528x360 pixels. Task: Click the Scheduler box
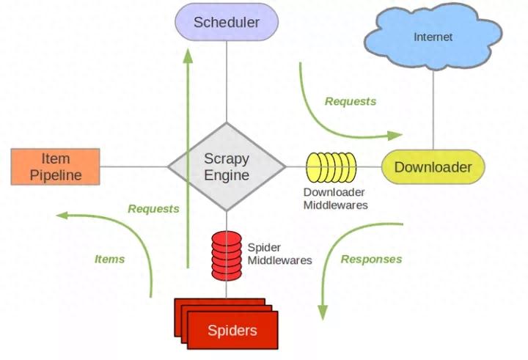pos(227,22)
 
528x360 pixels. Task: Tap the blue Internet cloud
pos(433,37)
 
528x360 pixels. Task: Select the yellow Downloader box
pos(433,167)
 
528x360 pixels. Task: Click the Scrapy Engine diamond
pos(227,166)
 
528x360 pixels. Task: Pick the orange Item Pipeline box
pos(55,166)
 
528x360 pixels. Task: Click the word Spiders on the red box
pos(232,331)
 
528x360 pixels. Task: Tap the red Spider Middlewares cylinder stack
pos(227,256)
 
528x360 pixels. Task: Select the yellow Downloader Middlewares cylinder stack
pos(331,167)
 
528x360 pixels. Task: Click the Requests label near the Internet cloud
pos(351,101)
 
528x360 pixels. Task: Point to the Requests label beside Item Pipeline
pos(153,209)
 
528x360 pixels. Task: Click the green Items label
pos(109,259)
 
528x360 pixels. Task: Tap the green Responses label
pos(371,259)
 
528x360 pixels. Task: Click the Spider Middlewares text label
pos(280,254)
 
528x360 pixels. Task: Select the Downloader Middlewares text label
pos(335,199)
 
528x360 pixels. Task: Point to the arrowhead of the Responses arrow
pos(323,312)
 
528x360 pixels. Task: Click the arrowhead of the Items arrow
pos(62,216)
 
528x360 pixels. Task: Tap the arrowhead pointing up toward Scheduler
pos(188,55)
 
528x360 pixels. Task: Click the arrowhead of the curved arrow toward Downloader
pos(395,136)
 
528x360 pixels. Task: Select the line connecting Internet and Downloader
pos(433,110)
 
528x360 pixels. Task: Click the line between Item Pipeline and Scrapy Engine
pos(134,166)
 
